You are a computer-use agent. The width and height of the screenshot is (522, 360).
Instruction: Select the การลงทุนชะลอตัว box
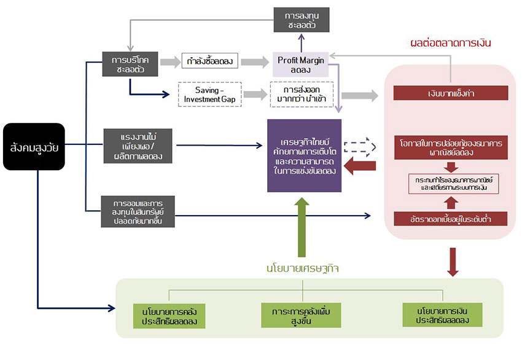click(x=301, y=21)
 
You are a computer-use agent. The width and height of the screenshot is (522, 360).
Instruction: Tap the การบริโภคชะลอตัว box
click(x=130, y=62)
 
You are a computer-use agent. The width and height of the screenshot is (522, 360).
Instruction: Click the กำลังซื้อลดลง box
click(x=209, y=61)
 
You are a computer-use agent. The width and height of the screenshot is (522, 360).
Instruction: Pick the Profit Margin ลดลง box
click(x=300, y=64)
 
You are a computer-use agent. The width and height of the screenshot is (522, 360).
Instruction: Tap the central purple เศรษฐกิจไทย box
click(x=304, y=155)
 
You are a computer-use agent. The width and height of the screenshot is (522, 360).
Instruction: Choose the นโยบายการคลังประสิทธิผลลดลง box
click(x=169, y=315)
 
